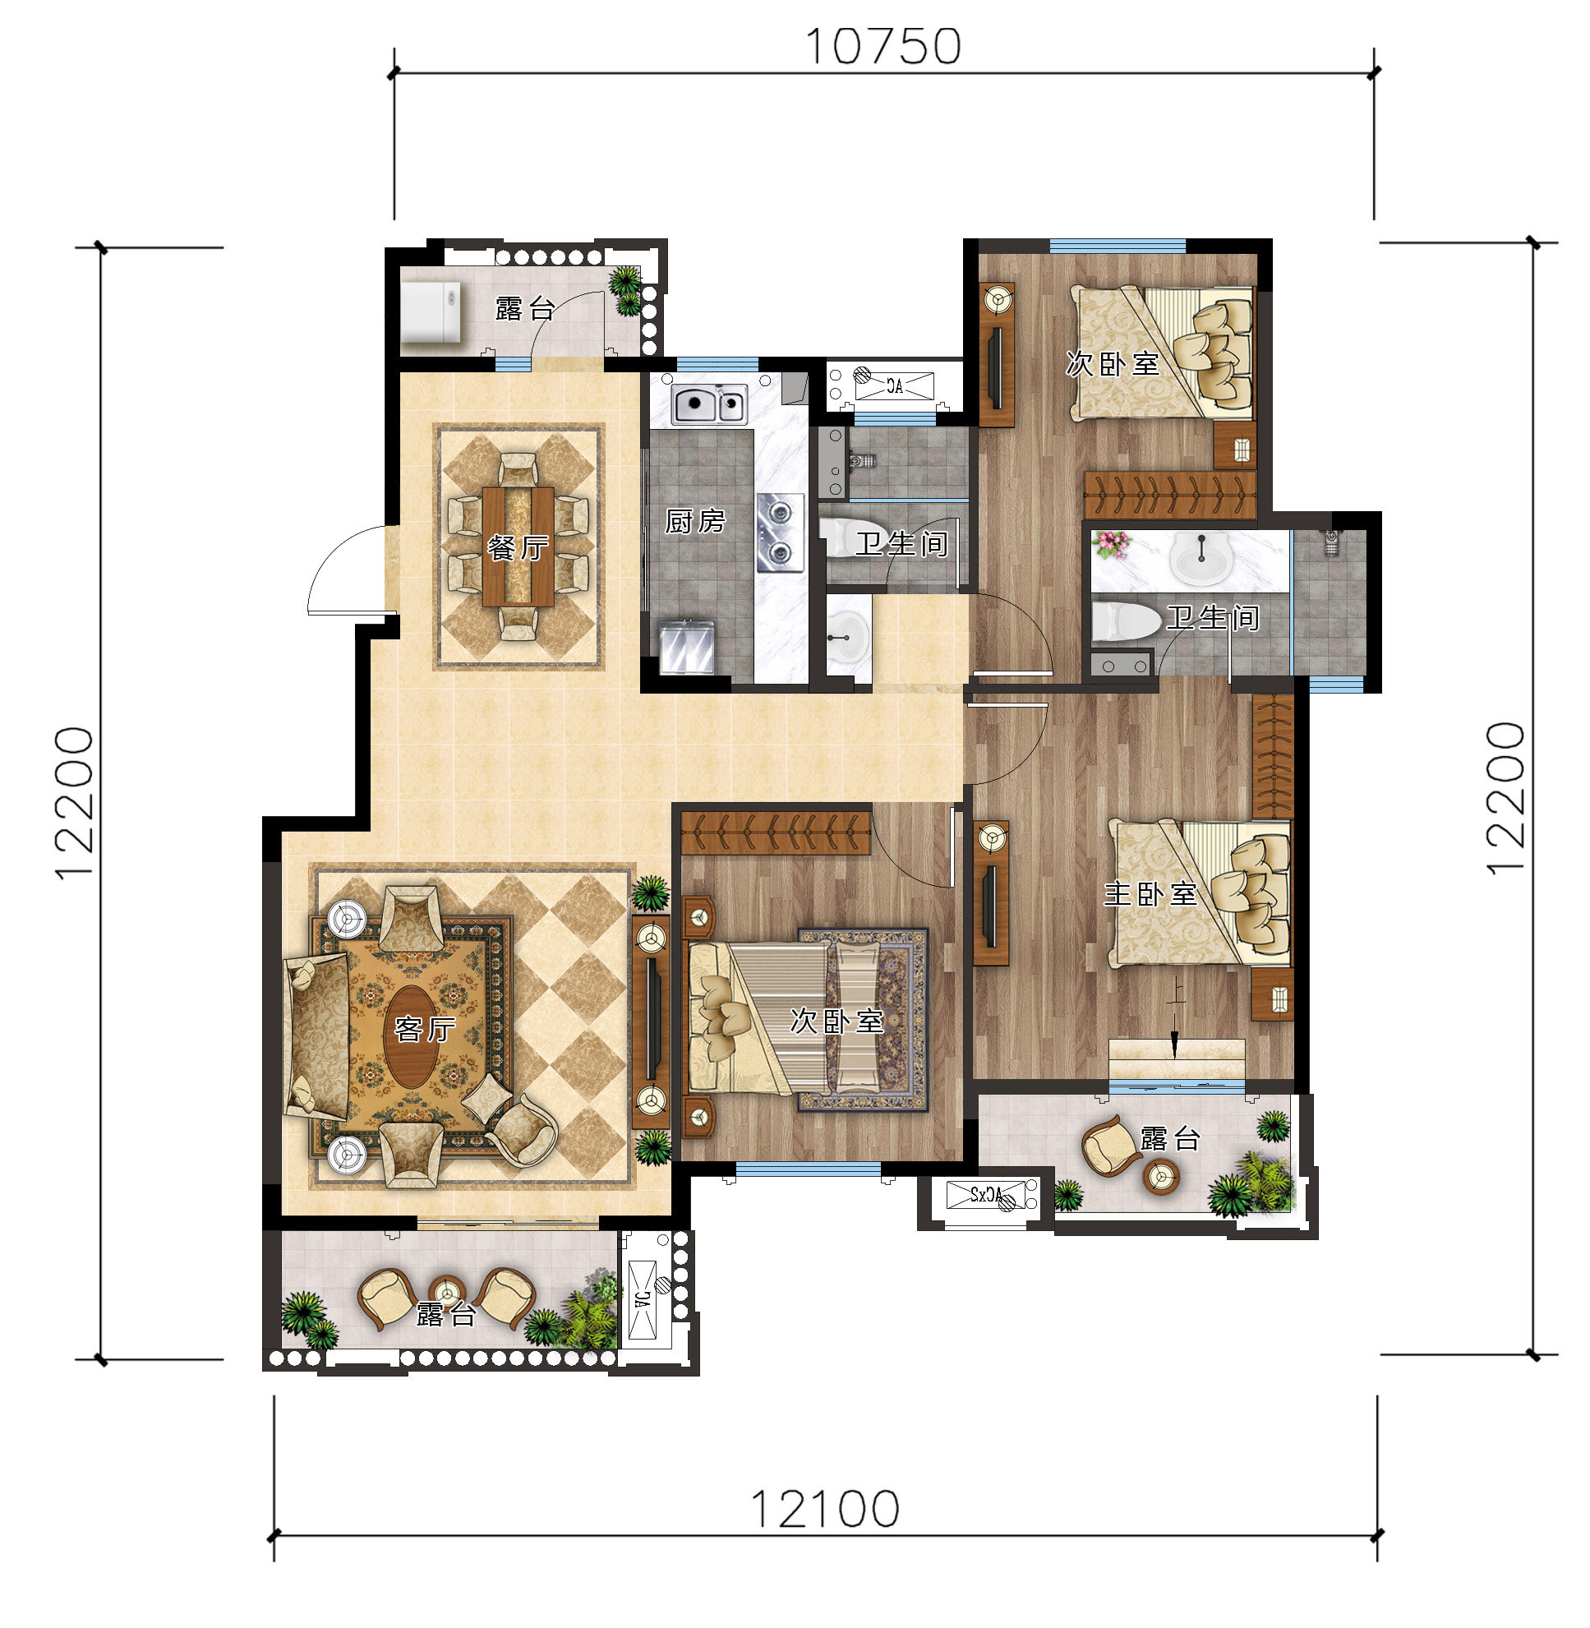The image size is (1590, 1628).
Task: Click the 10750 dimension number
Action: [883, 47]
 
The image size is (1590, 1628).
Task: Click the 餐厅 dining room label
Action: [518, 548]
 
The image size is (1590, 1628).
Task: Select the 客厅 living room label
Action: [425, 1029]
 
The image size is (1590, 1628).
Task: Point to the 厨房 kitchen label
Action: [695, 521]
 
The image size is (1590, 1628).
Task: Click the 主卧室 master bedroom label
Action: [1150, 894]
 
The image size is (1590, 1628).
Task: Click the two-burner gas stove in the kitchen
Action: [781, 533]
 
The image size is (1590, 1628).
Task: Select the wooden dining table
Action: [518, 546]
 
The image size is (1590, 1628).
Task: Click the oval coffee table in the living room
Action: [411, 1036]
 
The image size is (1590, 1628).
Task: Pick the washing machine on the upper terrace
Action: [430, 311]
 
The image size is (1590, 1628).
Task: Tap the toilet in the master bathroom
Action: [1126, 620]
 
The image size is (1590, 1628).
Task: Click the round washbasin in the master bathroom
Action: [1201, 558]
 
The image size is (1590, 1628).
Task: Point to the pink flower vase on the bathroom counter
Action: [1112, 545]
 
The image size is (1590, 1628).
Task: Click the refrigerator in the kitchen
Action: [686, 647]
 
